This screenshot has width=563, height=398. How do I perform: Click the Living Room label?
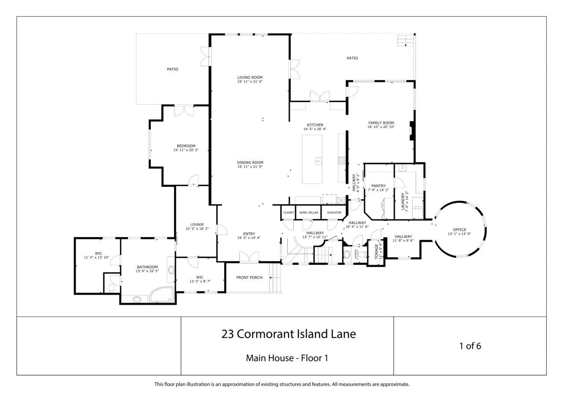pyautogui.click(x=250, y=77)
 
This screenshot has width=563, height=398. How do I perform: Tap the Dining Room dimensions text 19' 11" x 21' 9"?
pyautogui.click(x=250, y=167)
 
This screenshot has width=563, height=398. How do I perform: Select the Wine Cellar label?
pyautogui.click(x=308, y=212)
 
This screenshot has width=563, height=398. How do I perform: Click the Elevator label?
pyautogui.click(x=334, y=212)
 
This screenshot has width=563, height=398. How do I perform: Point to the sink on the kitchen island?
pyautogui.click(x=318, y=161)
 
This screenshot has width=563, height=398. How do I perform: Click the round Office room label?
pyautogui.click(x=459, y=230)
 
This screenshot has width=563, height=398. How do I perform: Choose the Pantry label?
pyautogui.click(x=378, y=186)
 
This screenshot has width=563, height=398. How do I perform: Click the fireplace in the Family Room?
pyautogui.click(x=411, y=131)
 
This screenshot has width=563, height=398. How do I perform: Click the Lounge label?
pyautogui.click(x=197, y=224)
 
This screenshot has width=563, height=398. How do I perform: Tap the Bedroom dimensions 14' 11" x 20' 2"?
pyautogui.click(x=186, y=150)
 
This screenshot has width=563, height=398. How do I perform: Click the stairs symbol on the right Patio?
pyautogui.click(x=406, y=41)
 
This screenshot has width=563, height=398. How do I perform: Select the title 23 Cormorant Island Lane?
pyautogui.click(x=288, y=334)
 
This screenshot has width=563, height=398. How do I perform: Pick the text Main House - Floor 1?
pyautogui.click(x=287, y=358)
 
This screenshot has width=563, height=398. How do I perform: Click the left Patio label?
pyautogui.click(x=172, y=69)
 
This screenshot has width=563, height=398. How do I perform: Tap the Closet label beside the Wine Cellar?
pyautogui.click(x=289, y=212)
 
